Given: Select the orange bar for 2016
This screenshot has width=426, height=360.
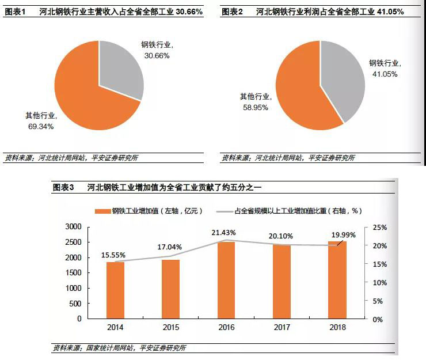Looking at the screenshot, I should click(226, 280).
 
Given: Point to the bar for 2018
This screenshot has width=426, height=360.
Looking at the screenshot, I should click(337, 279).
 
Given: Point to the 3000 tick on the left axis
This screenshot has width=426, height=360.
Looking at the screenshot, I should click(74, 227).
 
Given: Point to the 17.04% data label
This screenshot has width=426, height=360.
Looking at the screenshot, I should click(170, 247).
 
